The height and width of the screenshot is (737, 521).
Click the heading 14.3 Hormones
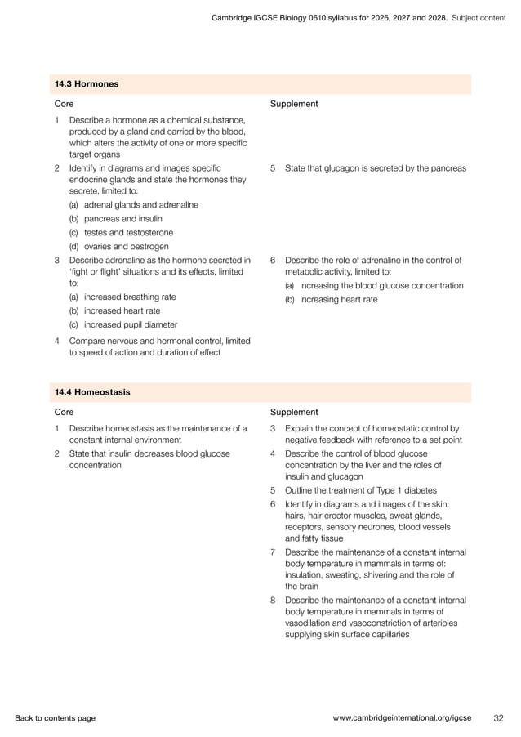point(86,83)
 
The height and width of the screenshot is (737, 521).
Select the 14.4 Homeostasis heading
point(92,392)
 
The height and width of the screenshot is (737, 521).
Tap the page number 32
point(498,718)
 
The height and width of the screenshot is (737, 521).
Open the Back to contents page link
point(55,718)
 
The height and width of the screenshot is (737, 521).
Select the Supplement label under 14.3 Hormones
point(294,104)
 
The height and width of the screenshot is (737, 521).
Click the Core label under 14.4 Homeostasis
point(64,412)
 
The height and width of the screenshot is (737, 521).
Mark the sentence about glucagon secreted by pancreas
point(375,168)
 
